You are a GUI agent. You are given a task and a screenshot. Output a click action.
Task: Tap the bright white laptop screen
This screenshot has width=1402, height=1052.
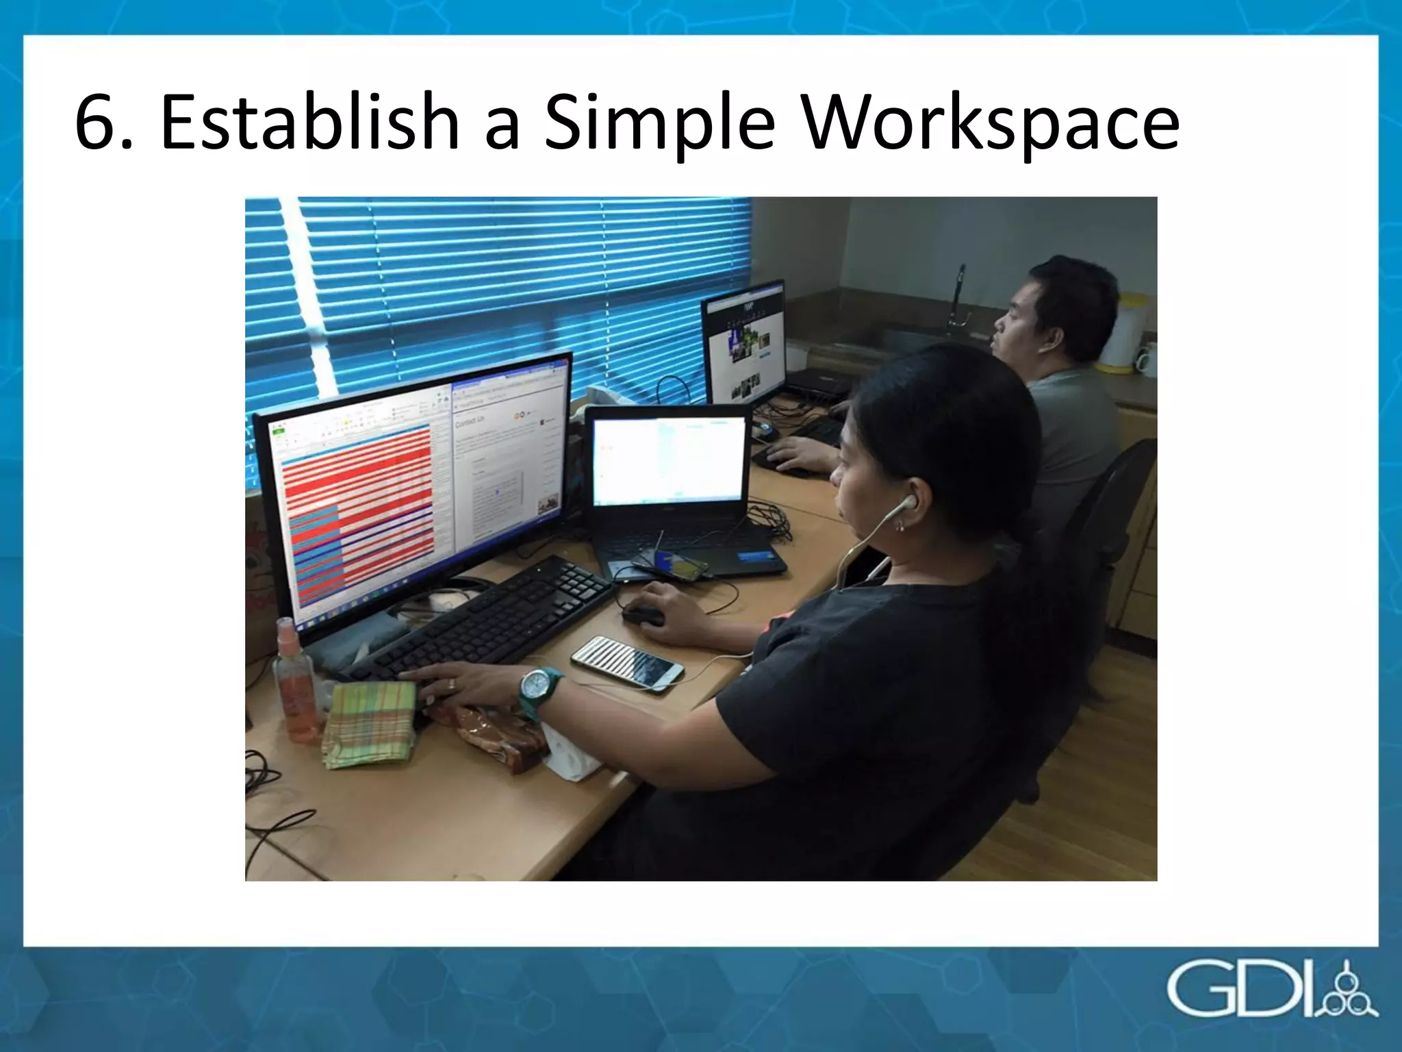(667, 460)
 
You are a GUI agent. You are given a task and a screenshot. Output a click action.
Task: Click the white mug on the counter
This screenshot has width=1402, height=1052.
(1145, 360)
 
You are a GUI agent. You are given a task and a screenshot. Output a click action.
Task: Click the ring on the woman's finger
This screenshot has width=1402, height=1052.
(451, 684)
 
